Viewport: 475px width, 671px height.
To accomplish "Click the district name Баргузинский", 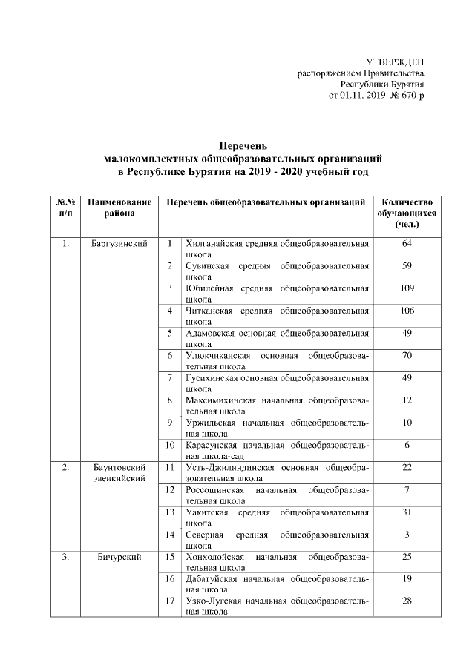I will point(119,244).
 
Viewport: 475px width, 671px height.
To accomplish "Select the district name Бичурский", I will point(119,556).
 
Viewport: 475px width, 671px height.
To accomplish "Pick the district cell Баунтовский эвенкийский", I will point(119,473).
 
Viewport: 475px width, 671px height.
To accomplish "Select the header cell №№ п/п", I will point(65,207).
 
